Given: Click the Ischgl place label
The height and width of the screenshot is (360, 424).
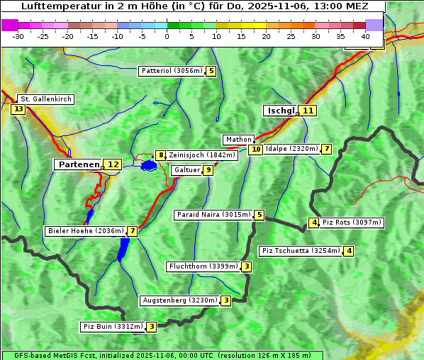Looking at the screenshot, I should pyautogui.click(x=280, y=111).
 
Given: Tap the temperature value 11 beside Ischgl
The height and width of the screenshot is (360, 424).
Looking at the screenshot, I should pyautogui.click(x=307, y=111).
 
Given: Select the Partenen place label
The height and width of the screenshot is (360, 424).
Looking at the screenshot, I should pyautogui.click(x=78, y=164).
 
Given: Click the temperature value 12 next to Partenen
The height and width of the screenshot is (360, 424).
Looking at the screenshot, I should pyautogui.click(x=112, y=164).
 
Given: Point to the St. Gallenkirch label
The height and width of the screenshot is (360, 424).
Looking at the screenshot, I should pyautogui.click(x=45, y=99).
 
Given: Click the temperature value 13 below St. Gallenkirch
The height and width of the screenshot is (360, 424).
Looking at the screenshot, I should pyautogui.click(x=18, y=109).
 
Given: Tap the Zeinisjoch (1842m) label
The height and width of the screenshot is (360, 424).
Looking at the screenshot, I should pyautogui.click(x=201, y=155).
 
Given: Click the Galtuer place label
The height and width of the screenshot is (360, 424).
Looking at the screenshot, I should pyautogui.click(x=186, y=170).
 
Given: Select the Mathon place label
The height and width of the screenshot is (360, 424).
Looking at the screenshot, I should pyautogui.click(x=238, y=140).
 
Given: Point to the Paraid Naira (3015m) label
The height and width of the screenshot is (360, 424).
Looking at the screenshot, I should pyautogui.click(x=213, y=215).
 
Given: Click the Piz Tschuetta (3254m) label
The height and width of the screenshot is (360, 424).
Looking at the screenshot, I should pyautogui.click(x=301, y=251).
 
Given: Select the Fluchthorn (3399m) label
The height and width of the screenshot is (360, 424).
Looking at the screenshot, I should pyautogui.click(x=203, y=266).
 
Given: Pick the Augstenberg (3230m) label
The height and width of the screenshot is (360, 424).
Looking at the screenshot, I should pyautogui.click(x=179, y=300).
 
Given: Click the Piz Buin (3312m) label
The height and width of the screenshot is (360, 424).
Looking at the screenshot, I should pyautogui.click(x=113, y=327).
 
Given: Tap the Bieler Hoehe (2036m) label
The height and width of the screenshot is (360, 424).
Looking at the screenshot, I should pyautogui.click(x=85, y=231).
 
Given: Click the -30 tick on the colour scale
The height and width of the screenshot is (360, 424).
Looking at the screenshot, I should pyautogui.click(x=18, y=36).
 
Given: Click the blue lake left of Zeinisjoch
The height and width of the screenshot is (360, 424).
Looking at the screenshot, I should pyautogui.click(x=148, y=166).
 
